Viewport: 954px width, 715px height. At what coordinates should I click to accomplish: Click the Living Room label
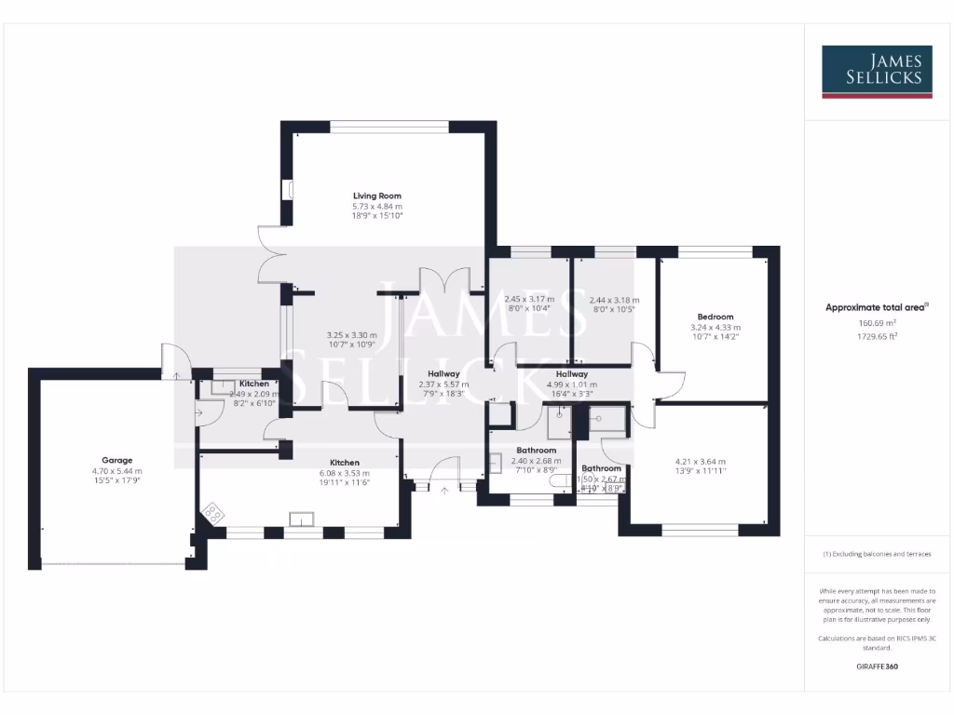point(376,196)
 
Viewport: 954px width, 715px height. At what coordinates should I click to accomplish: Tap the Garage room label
point(117,460)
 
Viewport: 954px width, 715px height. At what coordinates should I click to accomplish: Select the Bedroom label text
point(715,317)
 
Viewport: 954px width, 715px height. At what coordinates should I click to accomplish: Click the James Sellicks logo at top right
point(876,72)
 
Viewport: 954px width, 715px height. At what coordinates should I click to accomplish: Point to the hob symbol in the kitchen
point(213,512)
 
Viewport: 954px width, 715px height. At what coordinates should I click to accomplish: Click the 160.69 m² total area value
point(877,323)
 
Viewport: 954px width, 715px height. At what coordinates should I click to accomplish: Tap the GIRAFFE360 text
point(877,667)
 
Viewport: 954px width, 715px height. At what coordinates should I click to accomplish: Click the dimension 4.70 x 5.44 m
point(117,471)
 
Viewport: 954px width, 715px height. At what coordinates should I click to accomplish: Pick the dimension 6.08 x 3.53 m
point(344,473)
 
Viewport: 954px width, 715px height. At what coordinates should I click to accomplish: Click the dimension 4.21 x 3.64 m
point(700,462)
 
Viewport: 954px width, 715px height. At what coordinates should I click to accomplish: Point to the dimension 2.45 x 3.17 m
point(529,300)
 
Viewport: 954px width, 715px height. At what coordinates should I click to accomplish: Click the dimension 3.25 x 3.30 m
point(351,335)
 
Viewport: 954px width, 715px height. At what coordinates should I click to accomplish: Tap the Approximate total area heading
point(877,307)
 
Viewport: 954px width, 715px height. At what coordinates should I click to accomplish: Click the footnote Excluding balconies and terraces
point(877,554)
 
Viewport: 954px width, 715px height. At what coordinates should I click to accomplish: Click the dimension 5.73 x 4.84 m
point(376,206)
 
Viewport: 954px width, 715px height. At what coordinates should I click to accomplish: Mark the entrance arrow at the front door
point(444,491)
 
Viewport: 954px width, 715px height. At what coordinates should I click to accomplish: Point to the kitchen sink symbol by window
point(301,519)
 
